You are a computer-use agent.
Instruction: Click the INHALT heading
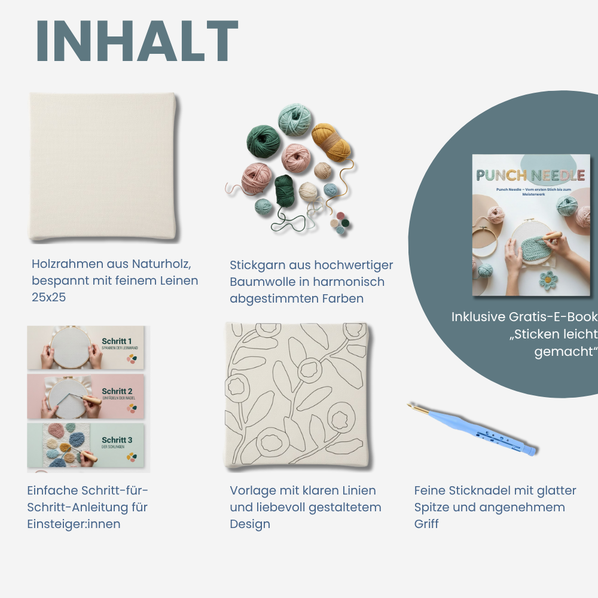click(137, 41)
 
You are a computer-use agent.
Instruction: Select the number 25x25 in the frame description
click(48, 297)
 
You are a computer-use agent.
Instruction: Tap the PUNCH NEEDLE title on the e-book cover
click(530, 175)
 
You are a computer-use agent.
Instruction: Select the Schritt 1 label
click(117, 341)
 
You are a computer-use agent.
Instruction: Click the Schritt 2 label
click(117, 391)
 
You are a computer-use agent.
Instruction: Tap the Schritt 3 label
click(117, 440)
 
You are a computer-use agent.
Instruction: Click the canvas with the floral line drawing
click(297, 395)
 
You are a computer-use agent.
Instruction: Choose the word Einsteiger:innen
click(74, 524)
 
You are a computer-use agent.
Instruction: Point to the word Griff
click(426, 524)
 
